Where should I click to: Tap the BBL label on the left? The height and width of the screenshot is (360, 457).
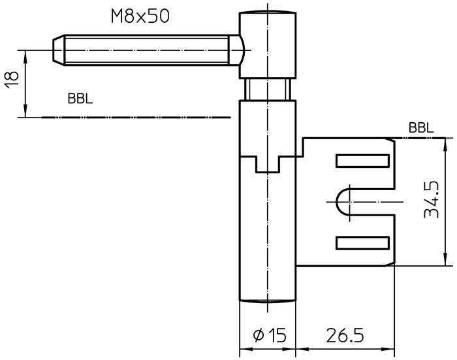click(80, 99)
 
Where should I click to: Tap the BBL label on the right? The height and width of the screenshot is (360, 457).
click(421, 127)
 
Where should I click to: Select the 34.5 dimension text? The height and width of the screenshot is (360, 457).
click(430, 201)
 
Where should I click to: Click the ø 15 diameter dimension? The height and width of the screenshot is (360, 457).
click(269, 336)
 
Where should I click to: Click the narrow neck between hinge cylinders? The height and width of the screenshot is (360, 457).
click(266, 88)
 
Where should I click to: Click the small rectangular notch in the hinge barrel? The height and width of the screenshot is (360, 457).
click(267, 165)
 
